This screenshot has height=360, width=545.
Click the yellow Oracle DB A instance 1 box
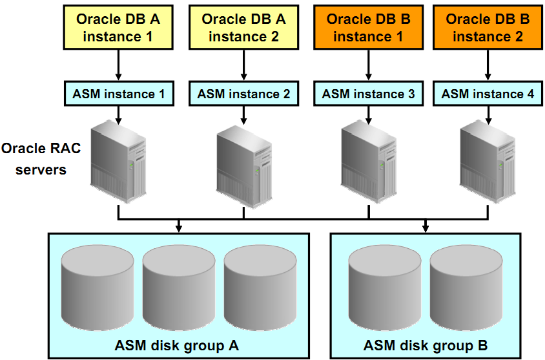[118, 28]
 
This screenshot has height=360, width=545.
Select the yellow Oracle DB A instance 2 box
[243, 28]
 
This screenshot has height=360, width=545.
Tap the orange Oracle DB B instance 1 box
[368, 28]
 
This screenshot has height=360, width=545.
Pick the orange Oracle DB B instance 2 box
[487, 28]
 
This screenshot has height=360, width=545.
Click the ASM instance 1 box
[118, 94]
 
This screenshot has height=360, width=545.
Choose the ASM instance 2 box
[243, 94]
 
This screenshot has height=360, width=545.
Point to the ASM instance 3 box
[368, 94]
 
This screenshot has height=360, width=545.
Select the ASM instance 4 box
[487, 94]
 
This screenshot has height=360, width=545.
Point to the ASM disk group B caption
[426, 345]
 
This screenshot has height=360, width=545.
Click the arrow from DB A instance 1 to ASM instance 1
[118, 65]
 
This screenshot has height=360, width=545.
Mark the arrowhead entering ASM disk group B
[426, 227]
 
